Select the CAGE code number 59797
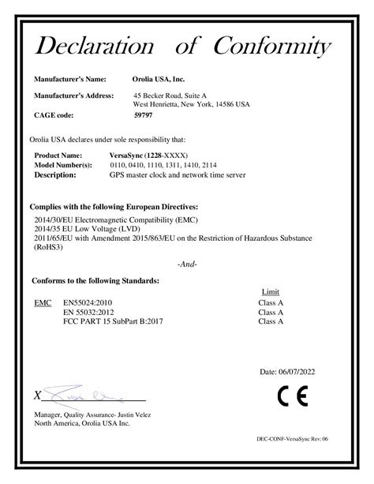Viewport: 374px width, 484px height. click(x=144, y=114)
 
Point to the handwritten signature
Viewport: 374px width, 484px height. click(x=75, y=392)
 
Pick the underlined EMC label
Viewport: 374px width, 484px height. click(x=43, y=302)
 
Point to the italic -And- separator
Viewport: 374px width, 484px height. click(x=187, y=264)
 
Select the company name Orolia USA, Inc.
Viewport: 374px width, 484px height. click(x=158, y=80)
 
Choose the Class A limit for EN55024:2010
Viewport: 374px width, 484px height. click(x=271, y=302)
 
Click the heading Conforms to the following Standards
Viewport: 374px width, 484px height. click(x=95, y=280)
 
